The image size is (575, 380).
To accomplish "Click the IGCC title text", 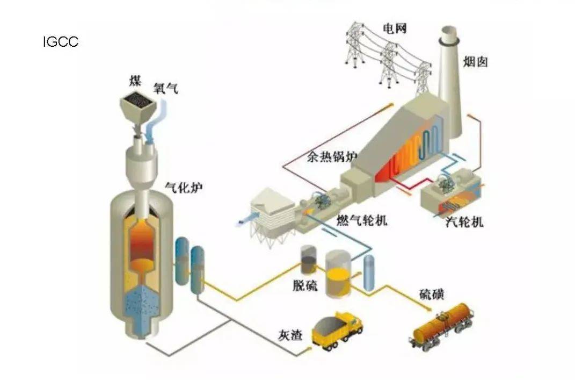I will [60, 42].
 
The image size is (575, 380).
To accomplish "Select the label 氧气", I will [165, 88].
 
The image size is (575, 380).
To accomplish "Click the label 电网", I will [394, 28].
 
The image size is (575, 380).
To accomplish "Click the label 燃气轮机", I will [362, 220].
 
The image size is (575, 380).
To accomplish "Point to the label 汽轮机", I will [465, 221].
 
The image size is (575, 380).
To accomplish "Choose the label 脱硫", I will [305, 285].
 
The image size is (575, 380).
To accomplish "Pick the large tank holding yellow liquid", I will [338, 274].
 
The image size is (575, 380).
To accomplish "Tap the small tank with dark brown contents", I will [309, 261].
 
